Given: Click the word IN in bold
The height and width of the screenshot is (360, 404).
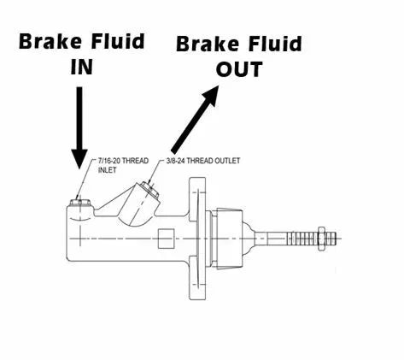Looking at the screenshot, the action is point(81,68).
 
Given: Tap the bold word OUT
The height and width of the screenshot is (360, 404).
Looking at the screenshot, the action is point(239,69).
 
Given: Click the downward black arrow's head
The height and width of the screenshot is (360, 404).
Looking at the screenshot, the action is point(79,158).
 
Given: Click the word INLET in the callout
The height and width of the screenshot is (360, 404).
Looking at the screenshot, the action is point(108,170).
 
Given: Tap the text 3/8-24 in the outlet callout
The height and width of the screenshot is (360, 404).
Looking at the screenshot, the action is point(176,161).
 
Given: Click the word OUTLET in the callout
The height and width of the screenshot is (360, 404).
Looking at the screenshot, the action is point(226,161).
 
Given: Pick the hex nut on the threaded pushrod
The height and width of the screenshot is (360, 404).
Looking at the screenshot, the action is point(321,239).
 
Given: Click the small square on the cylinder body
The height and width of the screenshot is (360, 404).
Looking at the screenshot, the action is point(166,239).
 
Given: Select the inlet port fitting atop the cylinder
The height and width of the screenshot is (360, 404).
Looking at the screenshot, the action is point(80,202).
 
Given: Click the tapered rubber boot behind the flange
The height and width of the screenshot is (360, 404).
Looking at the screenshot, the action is point(229,239).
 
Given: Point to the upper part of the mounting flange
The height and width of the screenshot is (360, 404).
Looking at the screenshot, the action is point(197,199).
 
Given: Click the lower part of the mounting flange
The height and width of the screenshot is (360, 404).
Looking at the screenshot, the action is point(197,277).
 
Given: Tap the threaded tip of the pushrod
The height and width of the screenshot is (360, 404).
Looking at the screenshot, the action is point(331,239).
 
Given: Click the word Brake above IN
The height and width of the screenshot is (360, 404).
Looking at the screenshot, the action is point(50,42).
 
